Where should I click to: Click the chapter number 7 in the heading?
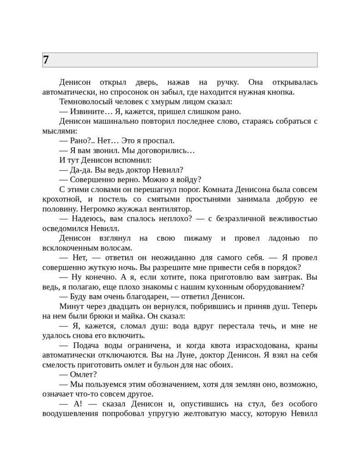(x=46, y=60)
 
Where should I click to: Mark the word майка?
(x=138, y=316)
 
